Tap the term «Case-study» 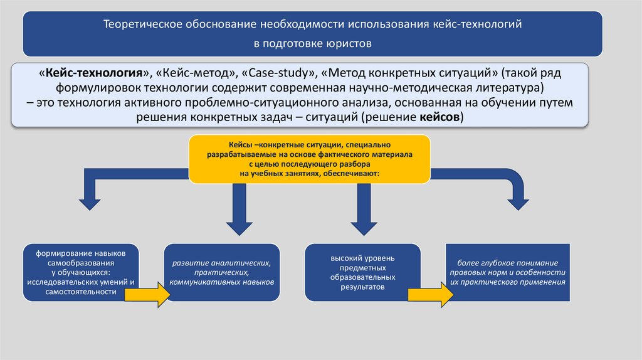click(x=275, y=73)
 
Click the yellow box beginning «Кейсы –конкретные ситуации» click(x=309, y=158)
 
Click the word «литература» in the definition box click(x=508, y=87)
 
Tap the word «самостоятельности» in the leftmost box click(x=80, y=292)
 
